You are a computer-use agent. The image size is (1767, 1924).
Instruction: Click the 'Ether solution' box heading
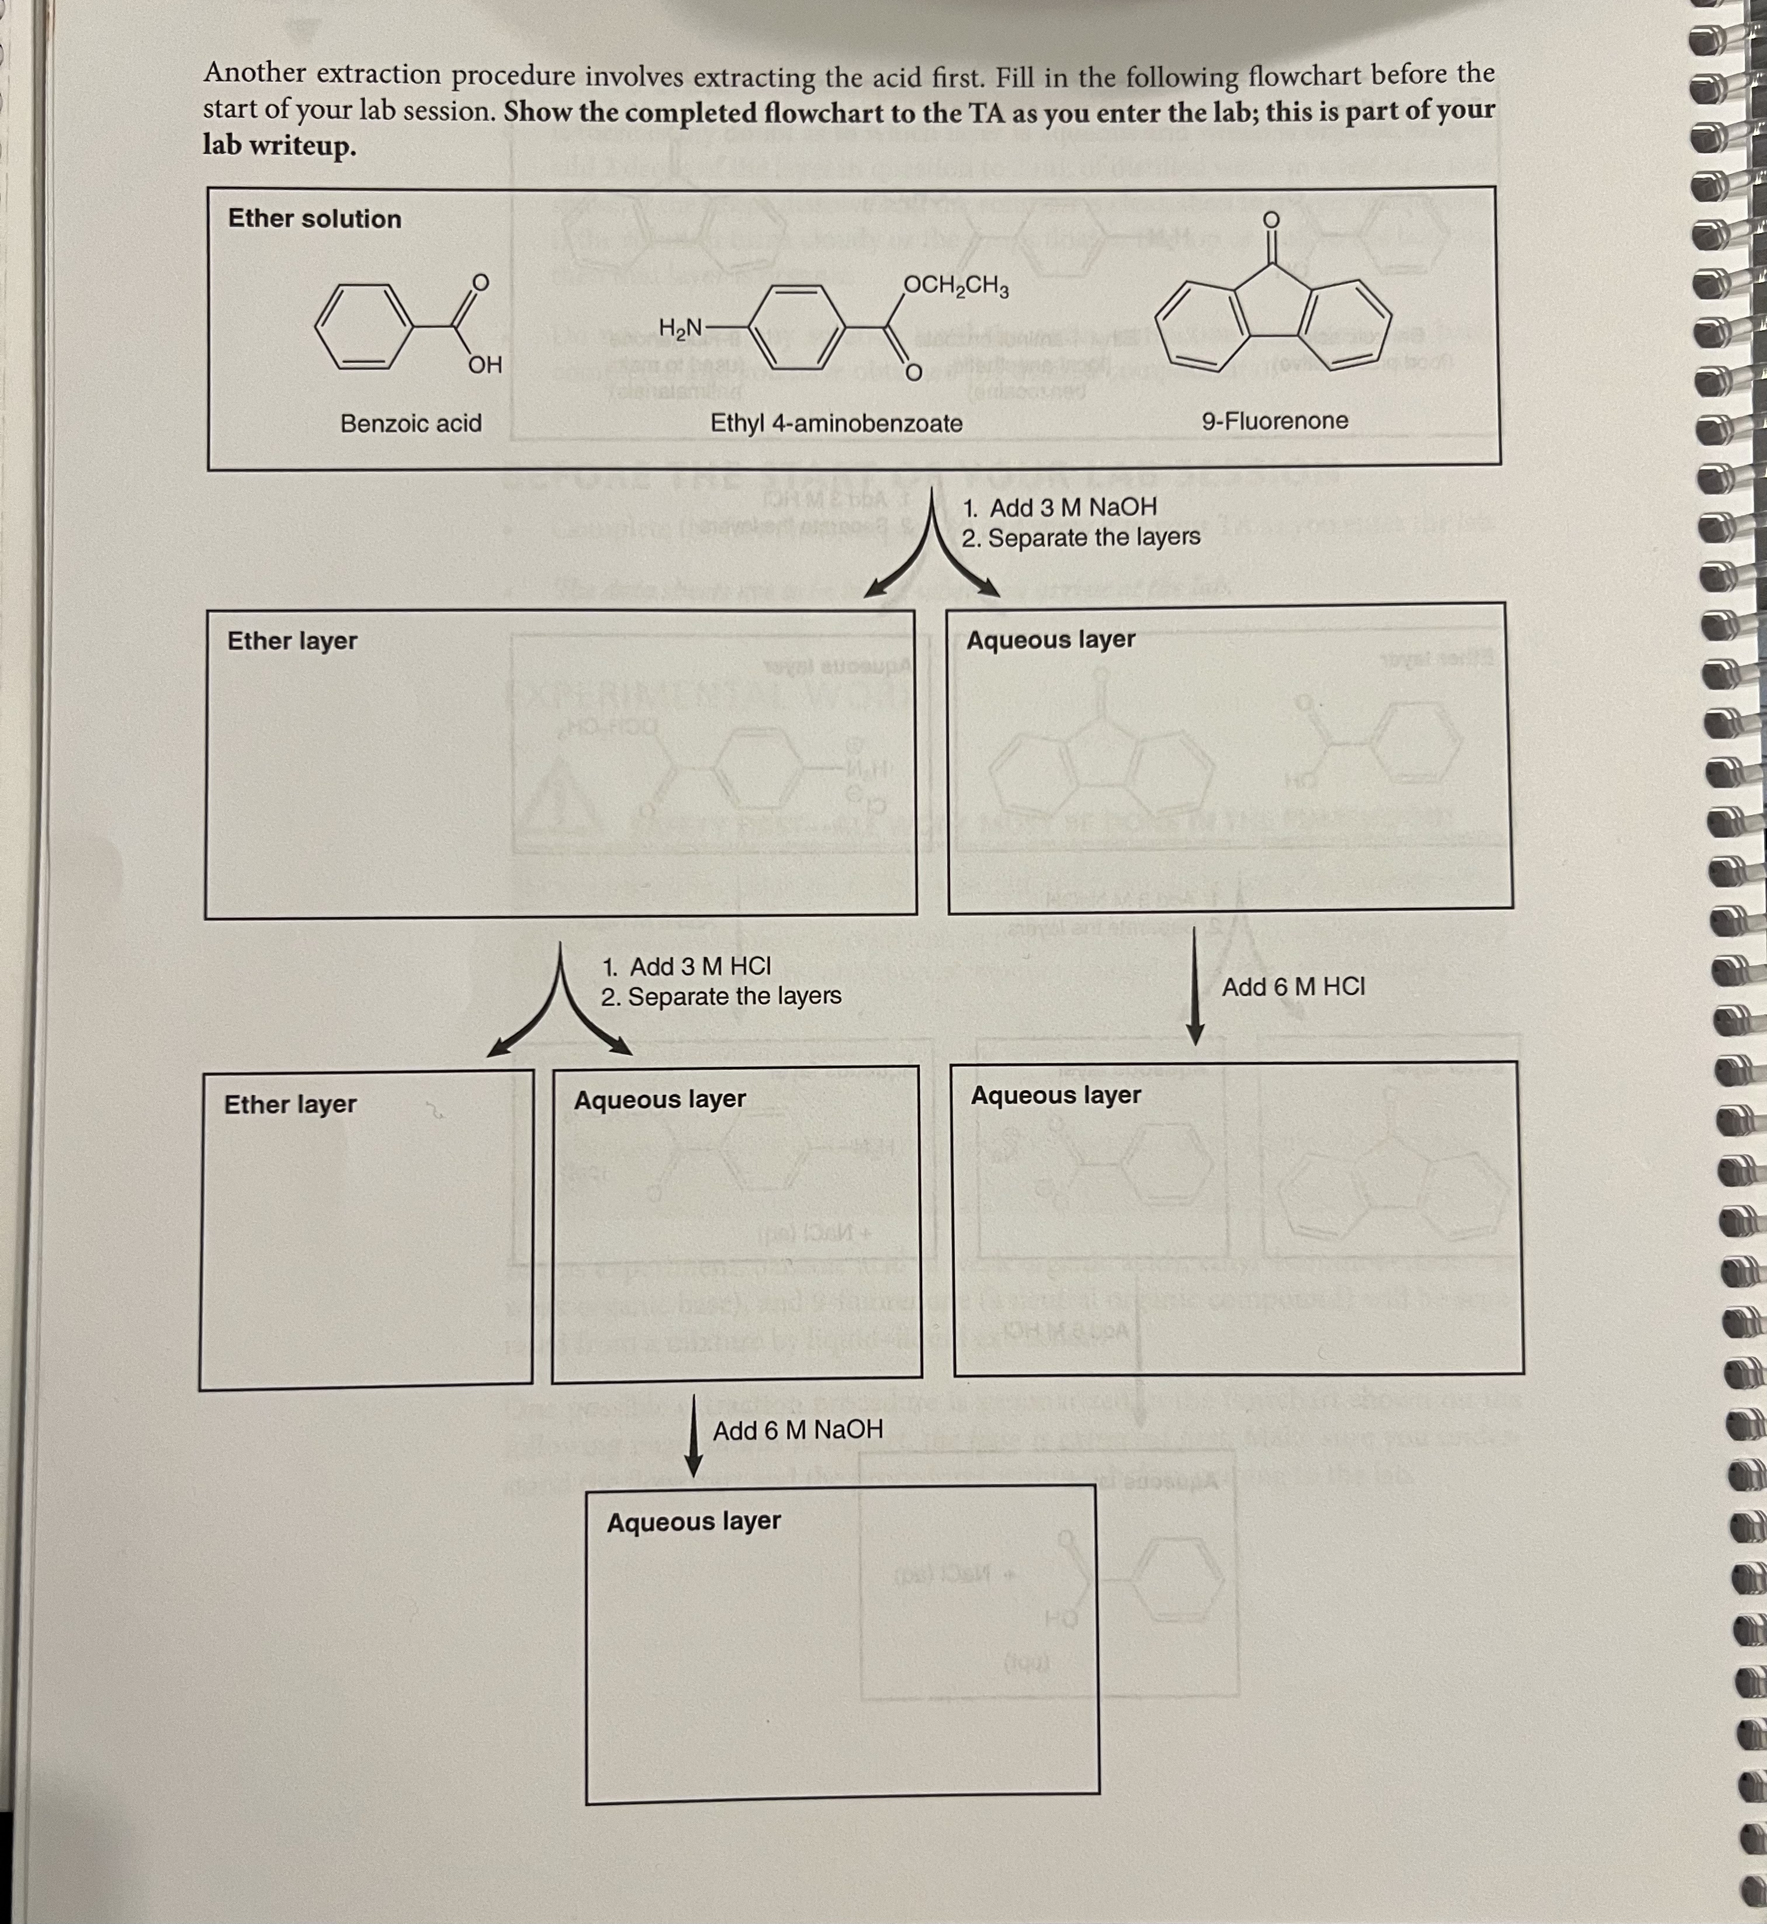click(314, 219)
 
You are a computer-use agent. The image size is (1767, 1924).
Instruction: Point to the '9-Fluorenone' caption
click(1274, 421)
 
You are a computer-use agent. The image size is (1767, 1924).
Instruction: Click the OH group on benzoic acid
click(485, 365)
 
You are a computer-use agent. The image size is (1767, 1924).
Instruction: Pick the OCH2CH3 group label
click(955, 285)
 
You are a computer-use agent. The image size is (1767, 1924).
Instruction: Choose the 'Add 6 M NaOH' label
click(798, 1430)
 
